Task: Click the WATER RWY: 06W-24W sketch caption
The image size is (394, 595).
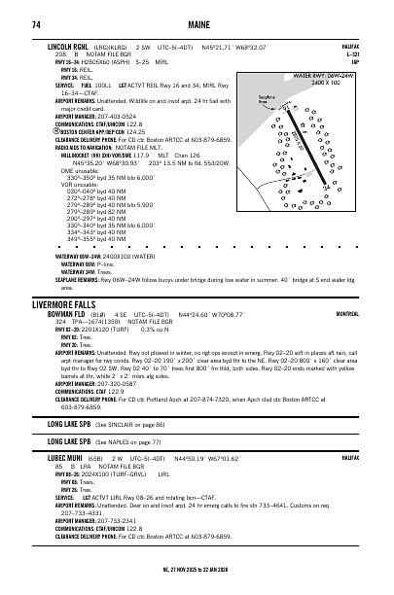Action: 340,75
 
